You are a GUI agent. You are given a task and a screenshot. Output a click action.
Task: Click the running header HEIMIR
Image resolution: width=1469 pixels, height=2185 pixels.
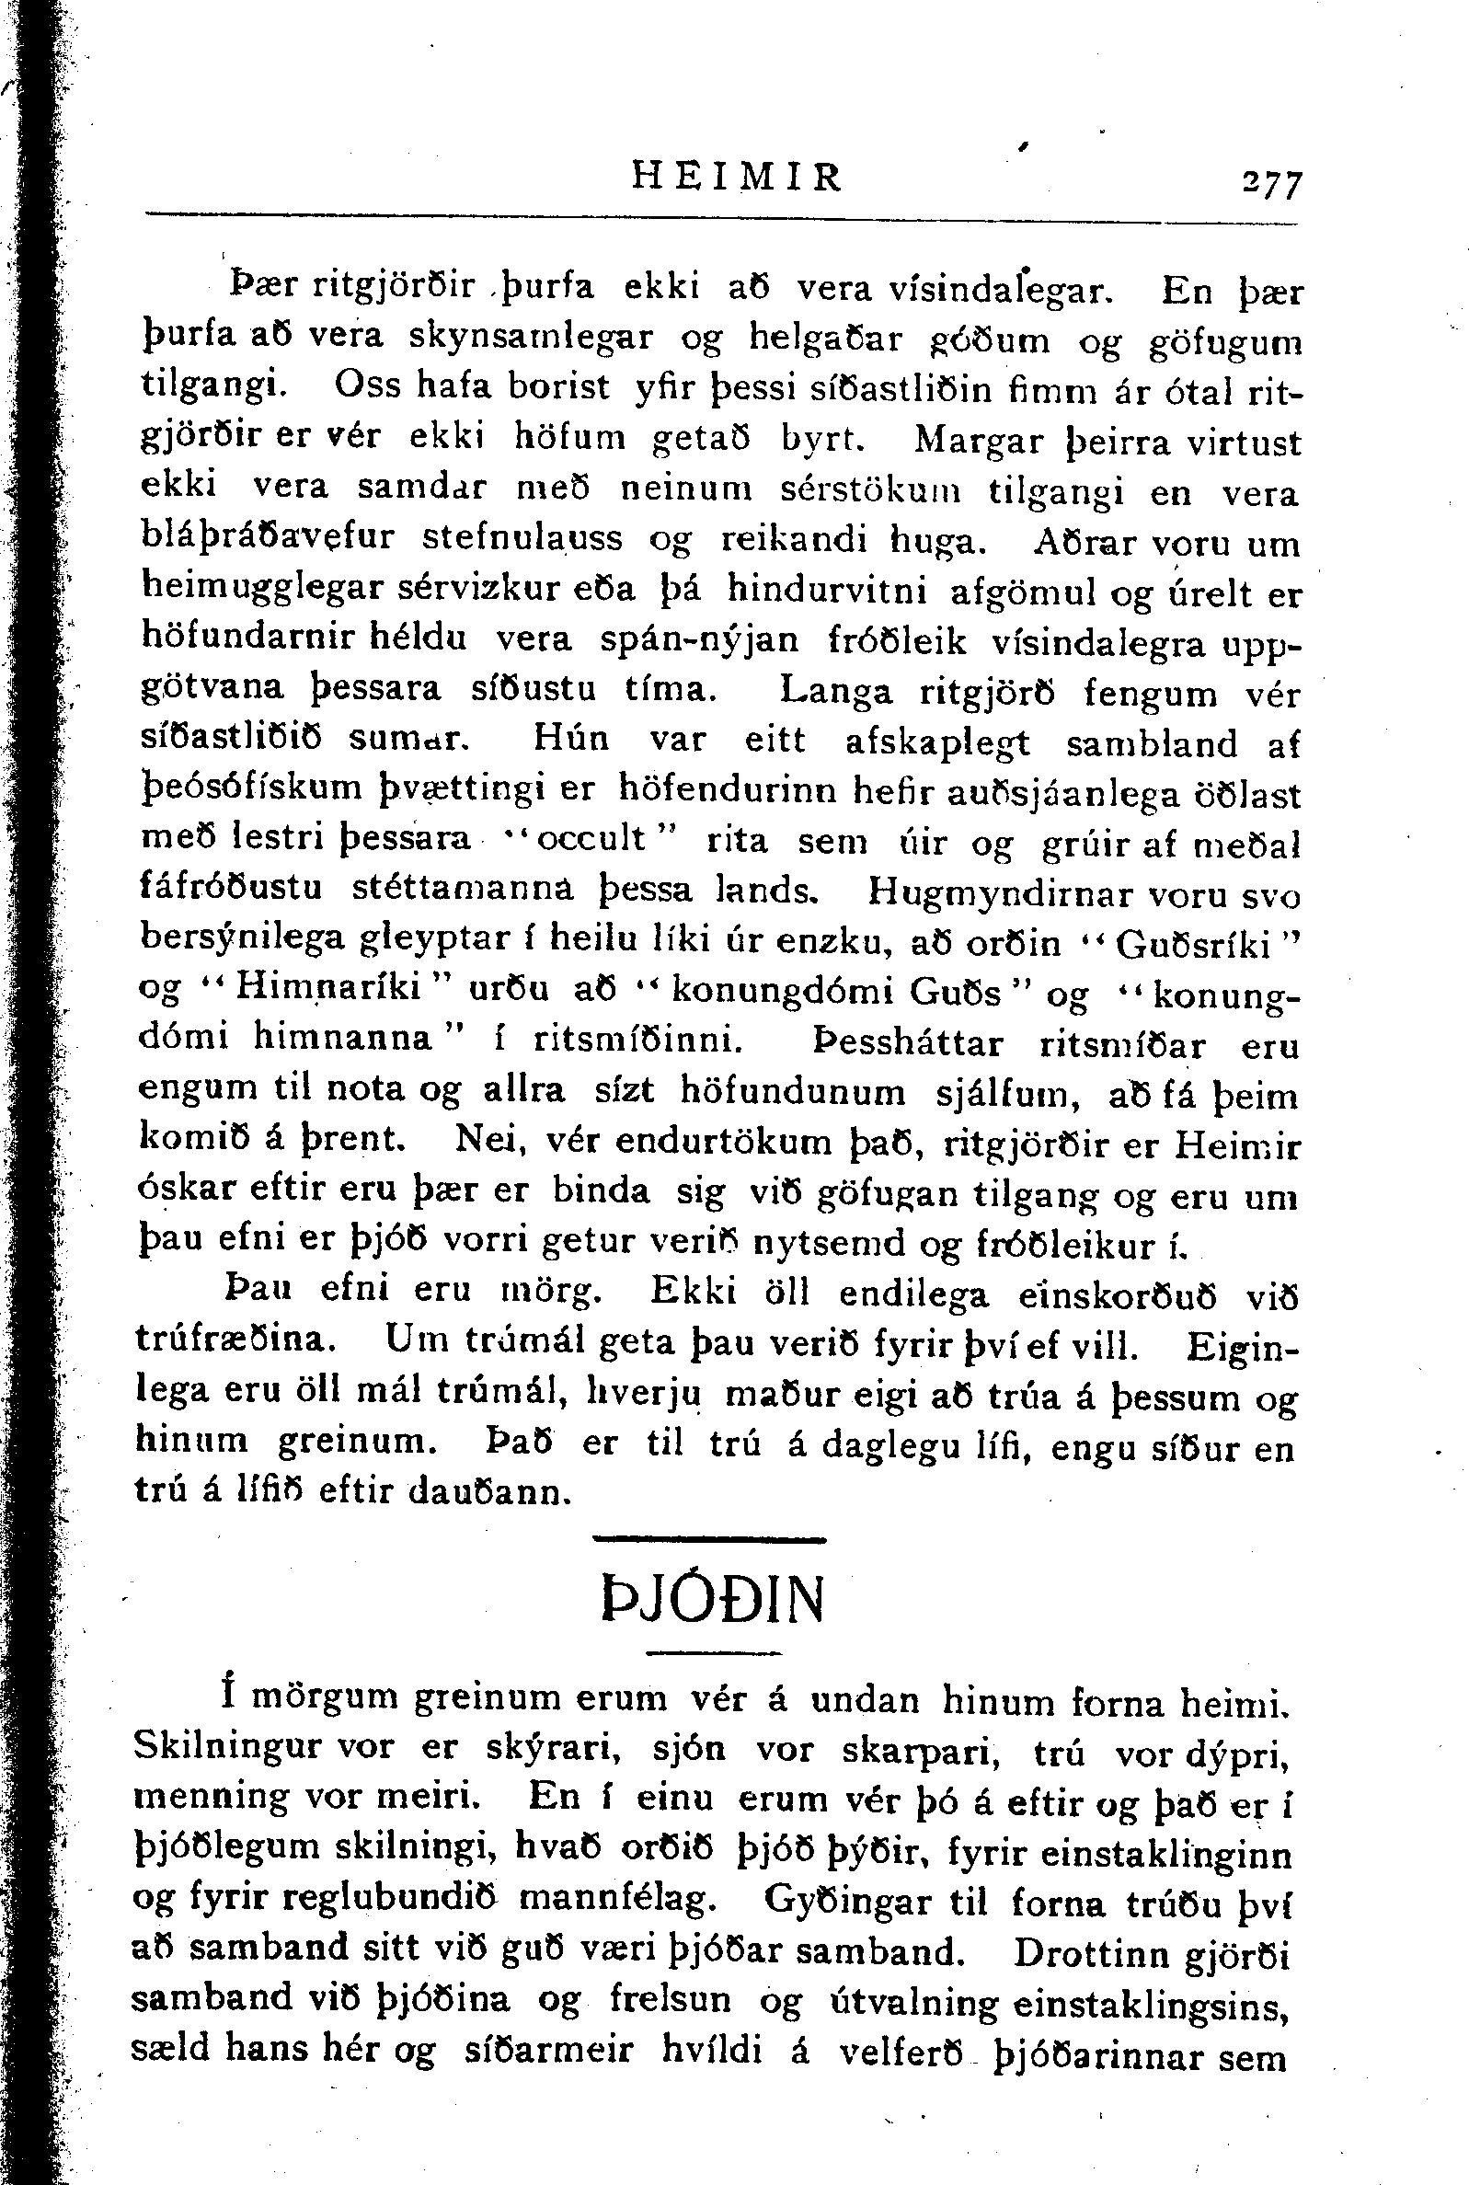point(738,176)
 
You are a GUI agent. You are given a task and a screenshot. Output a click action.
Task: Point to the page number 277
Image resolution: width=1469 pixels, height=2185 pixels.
point(1269,183)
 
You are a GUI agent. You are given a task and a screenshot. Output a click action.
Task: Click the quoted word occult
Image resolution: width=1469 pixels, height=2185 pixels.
point(588,837)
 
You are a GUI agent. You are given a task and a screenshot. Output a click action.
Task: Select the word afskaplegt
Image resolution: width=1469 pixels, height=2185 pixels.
point(935,742)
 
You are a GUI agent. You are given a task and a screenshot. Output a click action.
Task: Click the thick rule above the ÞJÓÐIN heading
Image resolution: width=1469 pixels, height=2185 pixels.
point(709,1538)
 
